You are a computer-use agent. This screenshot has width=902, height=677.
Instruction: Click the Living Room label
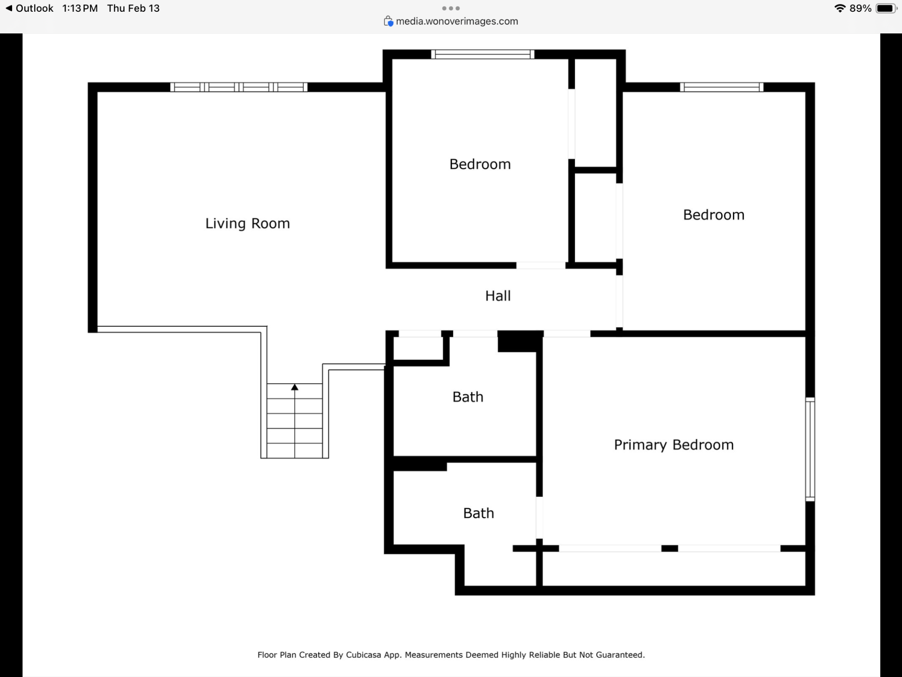248,223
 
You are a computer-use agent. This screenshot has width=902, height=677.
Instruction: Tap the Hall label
498,296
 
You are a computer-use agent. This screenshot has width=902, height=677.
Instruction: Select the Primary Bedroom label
674,445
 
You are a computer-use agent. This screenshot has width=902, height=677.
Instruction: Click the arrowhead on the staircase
295,387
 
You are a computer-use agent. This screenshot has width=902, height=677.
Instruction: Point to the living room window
239,87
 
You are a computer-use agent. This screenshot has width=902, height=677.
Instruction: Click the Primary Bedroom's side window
810,449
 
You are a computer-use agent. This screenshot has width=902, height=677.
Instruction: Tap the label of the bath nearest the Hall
468,397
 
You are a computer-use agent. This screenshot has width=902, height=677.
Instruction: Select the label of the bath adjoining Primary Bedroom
479,513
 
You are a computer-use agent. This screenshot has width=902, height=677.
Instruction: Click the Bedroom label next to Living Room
480,164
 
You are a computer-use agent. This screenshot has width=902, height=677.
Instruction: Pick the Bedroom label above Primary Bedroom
714,215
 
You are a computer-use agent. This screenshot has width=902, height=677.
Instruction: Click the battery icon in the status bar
886,8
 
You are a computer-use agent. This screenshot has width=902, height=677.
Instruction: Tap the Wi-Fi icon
840,8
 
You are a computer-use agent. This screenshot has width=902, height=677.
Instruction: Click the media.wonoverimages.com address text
457,21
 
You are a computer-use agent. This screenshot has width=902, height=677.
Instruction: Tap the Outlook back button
29,8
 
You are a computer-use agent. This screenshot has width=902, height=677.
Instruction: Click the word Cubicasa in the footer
364,655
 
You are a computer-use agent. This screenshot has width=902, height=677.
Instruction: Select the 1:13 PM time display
80,8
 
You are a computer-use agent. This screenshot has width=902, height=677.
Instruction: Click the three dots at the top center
451,8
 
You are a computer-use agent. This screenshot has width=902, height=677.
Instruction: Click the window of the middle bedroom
483,54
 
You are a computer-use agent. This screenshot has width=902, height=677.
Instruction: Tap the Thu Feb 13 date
134,8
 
